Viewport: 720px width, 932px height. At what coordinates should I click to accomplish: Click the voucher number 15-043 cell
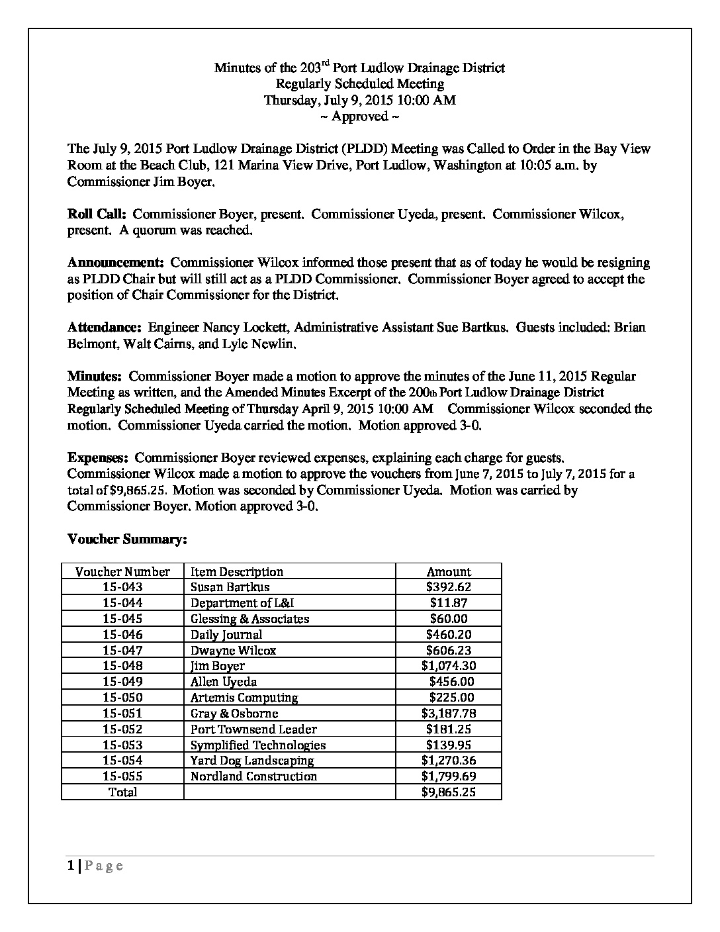point(122,587)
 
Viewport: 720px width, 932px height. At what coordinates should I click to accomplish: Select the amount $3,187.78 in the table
point(449,714)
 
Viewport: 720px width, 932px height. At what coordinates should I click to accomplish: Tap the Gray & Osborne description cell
point(234,714)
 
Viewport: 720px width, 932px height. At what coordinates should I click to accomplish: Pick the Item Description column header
point(237,571)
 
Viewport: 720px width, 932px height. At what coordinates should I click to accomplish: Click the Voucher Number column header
point(122,571)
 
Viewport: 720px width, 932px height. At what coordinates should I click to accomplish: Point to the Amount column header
point(449,571)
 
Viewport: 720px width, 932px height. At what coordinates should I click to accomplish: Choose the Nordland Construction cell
point(253,776)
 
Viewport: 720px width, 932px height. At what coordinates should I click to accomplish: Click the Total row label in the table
point(122,792)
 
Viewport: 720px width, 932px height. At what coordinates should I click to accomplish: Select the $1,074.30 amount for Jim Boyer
point(449,666)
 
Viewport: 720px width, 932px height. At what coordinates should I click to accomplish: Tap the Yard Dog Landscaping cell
point(252,761)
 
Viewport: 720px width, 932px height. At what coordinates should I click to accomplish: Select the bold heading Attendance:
point(105,328)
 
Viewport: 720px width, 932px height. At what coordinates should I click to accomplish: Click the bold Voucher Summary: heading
point(128,539)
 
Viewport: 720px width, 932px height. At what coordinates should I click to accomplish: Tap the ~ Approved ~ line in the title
point(359,117)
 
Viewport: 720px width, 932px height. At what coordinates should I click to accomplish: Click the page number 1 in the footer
point(71,866)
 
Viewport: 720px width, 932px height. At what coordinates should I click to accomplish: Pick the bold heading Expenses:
point(98,458)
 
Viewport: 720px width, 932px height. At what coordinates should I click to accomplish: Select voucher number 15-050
point(122,698)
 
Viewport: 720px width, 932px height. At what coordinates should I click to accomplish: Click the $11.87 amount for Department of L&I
point(449,603)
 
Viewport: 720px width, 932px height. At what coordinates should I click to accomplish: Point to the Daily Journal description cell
point(226,635)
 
